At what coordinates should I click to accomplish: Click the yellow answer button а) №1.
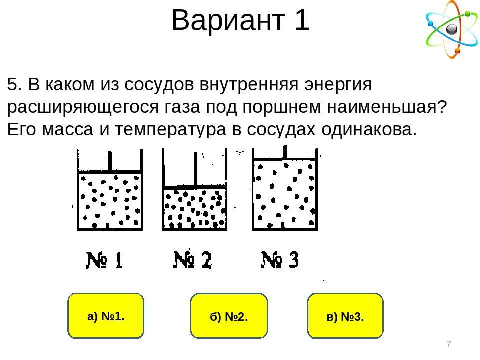click(x=105, y=316)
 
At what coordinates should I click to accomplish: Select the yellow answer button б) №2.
click(x=229, y=316)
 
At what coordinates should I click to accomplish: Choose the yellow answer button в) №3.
click(x=345, y=316)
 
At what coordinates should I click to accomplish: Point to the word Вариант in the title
click(x=225, y=21)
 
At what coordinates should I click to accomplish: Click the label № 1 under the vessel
click(x=105, y=260)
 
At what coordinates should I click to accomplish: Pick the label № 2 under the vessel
click(x=193, y=260)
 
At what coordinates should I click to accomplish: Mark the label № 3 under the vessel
click(x=280, y=260)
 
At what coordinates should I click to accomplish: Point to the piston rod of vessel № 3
click(x=285, y=151)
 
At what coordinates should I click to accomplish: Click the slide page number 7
click(x=449, y=344)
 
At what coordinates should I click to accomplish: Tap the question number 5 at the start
click(x=13, y=85)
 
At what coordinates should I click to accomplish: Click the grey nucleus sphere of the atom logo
click(x=452, y=30)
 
